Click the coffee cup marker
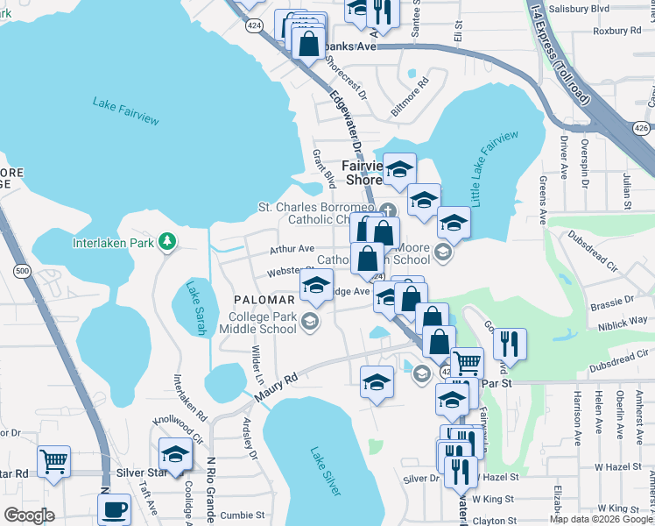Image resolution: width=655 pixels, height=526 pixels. [x=114, y=509]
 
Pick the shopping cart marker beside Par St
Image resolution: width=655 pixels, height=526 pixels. [x=467, y=360]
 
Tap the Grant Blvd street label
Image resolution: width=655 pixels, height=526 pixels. [x=324, y=167]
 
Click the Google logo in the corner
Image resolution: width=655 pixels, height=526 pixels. [x=30, y=515]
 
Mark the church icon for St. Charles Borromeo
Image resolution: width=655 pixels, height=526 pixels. [x=388, y=210]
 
